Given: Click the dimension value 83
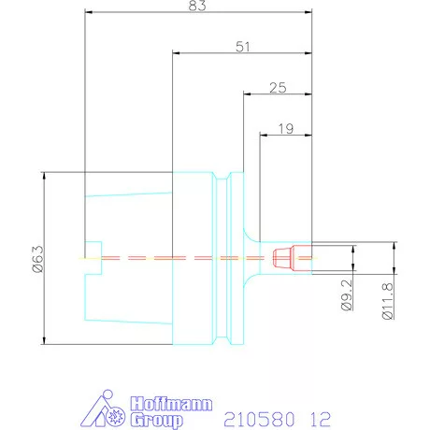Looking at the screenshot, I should [197, 7].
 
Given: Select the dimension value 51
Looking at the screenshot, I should [242, 46].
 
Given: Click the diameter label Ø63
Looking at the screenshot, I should [37, 258].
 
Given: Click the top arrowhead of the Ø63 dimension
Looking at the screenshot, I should [44, 177].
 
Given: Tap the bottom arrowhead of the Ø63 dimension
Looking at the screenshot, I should [44, 339].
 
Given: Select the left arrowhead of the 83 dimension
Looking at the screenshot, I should [89, 13].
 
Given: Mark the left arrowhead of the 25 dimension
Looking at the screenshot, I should [247, 93].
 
